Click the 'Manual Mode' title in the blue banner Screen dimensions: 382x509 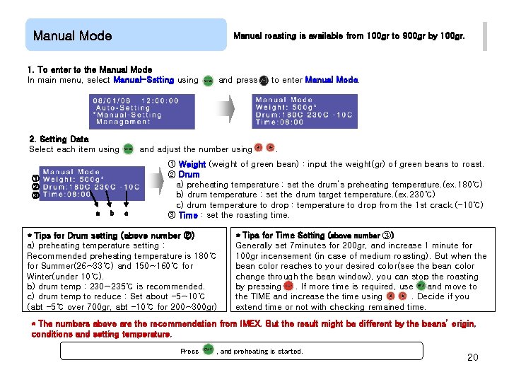tap(72, 35)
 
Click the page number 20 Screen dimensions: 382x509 tap(473, 357)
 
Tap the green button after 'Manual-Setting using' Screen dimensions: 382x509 tap(208, 81)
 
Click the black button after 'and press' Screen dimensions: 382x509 tap(263, 81)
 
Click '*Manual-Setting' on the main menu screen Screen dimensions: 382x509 tap(127, 115)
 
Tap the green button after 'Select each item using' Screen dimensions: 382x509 tap(128, 149)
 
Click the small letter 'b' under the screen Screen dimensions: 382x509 tap(110, 212)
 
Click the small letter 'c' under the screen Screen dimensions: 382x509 tap(126, 212)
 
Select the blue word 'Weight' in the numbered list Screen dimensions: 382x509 tap(192, 164)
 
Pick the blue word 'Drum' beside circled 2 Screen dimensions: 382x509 tap(189, 174)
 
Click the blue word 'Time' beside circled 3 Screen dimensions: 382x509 tap(188, 215)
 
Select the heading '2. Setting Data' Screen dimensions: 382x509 tap(59, 139)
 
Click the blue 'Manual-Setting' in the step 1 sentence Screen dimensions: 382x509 tap(144, 80)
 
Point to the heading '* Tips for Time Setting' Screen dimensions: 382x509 tap(315, 235)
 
